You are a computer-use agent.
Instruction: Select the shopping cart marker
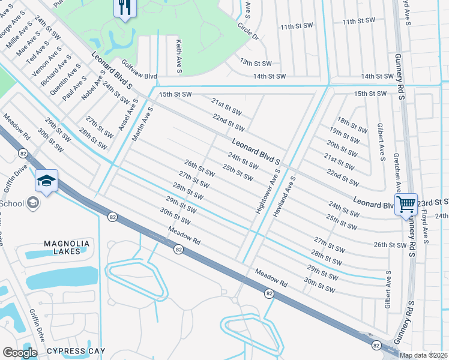(x=406, y=205)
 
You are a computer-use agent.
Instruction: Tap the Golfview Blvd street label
(x=139, y=77)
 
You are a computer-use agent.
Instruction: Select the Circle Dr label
(x=247, y=32)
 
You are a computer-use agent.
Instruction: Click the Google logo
(x=20, y=352)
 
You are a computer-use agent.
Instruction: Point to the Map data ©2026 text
(x=423, y=355)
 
